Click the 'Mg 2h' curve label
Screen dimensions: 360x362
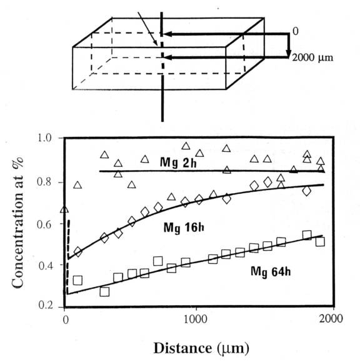(178, 163)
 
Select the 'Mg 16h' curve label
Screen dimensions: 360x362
(184, 228)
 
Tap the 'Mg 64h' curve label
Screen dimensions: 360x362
(271, 271)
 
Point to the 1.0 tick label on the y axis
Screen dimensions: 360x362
(44, 138)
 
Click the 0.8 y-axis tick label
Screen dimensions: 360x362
(44, 182)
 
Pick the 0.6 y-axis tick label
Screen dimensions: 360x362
(44, 224)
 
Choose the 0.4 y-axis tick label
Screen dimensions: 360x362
(45, 266)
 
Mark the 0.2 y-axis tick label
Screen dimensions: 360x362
(46, 305)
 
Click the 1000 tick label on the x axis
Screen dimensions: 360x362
(196, 319)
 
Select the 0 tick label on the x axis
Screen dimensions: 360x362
(66, 320)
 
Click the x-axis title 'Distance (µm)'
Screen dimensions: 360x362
(201, 348)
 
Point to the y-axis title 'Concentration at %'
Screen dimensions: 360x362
(17, 223)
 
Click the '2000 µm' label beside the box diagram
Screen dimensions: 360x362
(312, 58)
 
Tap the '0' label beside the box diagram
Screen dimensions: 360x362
(296, 31)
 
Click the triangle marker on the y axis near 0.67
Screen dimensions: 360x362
(64, 209)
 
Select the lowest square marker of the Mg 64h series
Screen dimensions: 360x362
(104, 292)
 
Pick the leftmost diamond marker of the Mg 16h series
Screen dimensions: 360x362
(78, 251)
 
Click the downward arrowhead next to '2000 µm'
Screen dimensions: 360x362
(287, 53)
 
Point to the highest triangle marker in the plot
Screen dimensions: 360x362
(186, 146)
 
